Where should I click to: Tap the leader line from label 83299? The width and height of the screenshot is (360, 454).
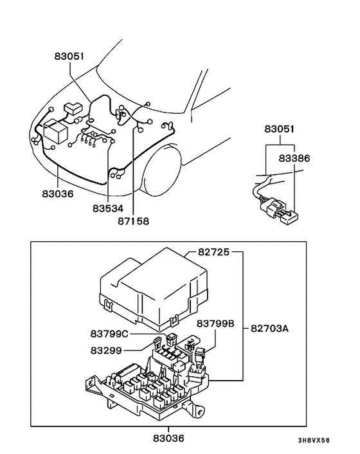138,350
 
